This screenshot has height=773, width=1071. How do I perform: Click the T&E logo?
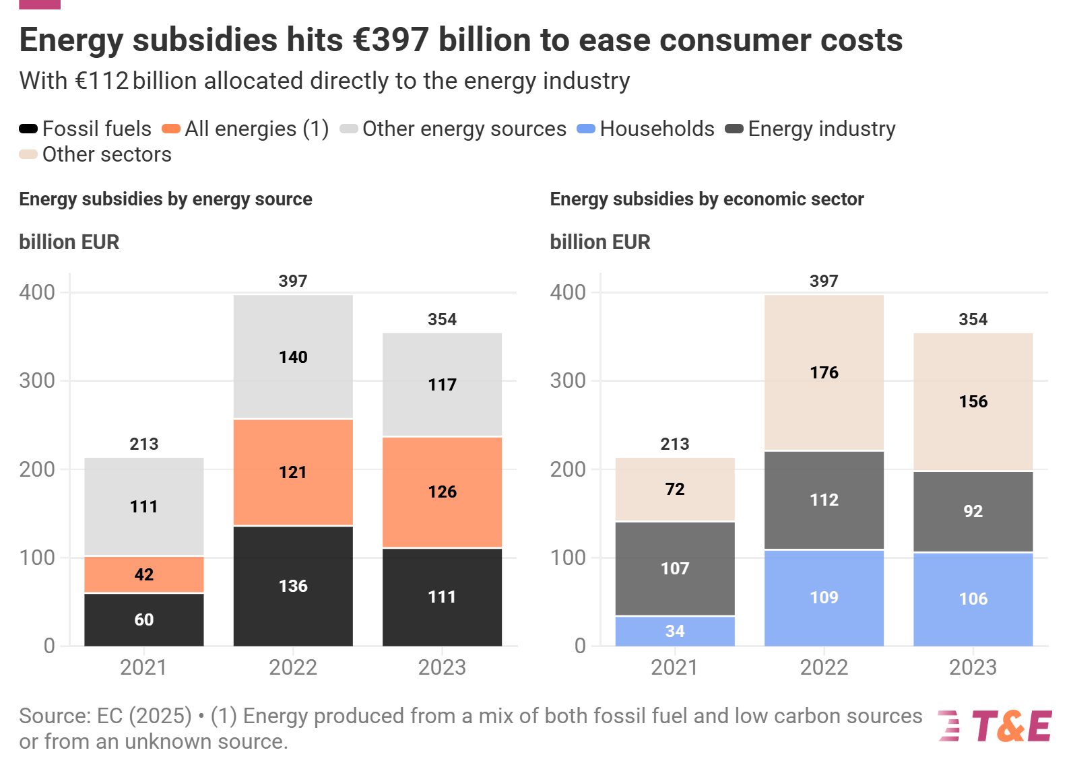pos(996,726)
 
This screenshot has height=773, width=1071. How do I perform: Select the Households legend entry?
pos(646,129)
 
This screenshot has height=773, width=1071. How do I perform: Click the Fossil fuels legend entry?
pos(86,129)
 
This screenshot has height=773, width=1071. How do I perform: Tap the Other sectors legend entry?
pos(96,154)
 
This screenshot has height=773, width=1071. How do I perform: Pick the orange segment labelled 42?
pos(144,574)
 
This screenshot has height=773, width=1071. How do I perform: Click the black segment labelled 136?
pos(293,586)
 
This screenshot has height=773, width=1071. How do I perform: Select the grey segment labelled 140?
pos(293,357)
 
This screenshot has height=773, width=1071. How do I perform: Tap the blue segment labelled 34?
pos(675,631)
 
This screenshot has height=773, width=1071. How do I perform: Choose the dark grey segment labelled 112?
pos(824,500)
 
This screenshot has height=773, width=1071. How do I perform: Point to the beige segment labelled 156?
pos(973,401)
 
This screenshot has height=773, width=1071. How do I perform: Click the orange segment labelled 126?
pos(442,492)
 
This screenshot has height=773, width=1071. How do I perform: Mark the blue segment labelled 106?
pos(973,599)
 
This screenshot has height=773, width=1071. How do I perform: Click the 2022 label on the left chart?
pos(293,667)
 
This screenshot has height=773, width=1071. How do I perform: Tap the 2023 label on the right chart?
pos(973,667)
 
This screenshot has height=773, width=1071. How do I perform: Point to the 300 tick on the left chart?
pos(37,380)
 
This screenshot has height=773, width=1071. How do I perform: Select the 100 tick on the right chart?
pos(568,558)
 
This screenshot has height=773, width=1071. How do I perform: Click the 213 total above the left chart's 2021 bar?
pos(144,444)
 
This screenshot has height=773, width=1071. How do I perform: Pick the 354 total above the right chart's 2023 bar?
pos(973,319)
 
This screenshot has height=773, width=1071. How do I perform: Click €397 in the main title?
pos(391,40)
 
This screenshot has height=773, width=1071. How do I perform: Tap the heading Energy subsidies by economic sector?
pos(707,199)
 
